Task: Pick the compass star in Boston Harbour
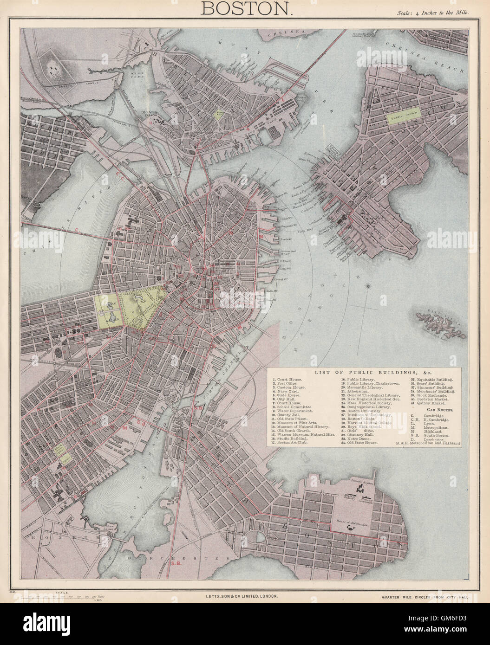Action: (x=368, y=285)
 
